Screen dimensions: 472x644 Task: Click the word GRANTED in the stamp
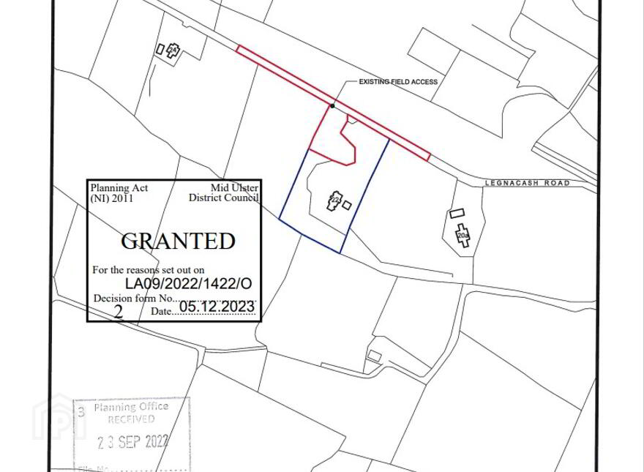pos(178,241)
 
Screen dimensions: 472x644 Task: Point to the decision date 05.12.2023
pos(217,307)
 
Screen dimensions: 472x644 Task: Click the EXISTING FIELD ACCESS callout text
pos(398,82)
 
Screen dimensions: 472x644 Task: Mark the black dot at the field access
pos(332,106)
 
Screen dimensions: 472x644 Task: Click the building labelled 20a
pos(462,236)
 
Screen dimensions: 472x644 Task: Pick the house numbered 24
pos(173,50)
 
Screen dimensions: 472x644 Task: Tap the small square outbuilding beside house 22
pos(347,206)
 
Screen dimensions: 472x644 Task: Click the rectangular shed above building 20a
pos(457,213)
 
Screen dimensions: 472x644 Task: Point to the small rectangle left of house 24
pos(160,49)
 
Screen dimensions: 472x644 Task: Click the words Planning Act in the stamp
pos(119,188)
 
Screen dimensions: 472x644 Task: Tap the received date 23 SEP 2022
pos(134,441)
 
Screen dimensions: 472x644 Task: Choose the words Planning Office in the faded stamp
pos(131,407)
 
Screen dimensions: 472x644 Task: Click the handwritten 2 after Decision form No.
pos(118,312)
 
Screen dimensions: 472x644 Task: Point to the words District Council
pos(223,198)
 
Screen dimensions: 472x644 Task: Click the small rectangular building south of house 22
pos(374,356)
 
